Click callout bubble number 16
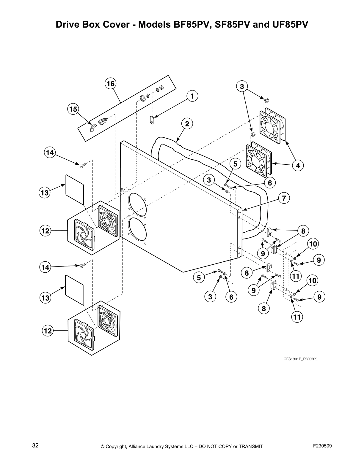point(110,84)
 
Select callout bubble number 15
point(73,109)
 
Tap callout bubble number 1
point(192,96)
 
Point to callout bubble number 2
point(187,124)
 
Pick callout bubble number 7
point(284,198)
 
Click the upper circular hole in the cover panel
point(138,204)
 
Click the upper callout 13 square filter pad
point(75,189)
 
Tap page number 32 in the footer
point(35,445)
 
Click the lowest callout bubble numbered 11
point(297,317)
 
